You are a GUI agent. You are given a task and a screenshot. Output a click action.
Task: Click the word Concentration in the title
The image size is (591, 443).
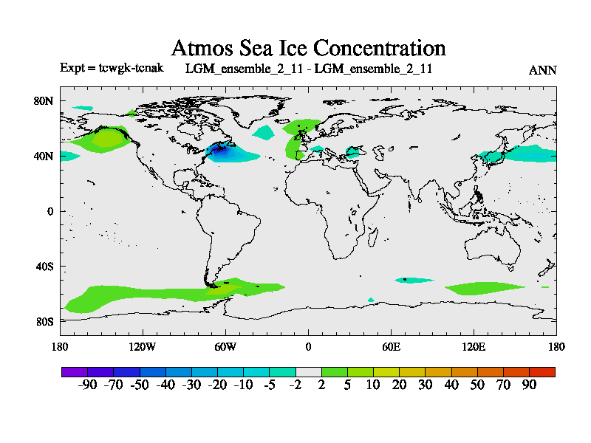click(380, 49)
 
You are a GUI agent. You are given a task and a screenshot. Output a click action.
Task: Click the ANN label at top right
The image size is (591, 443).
click(542, 70)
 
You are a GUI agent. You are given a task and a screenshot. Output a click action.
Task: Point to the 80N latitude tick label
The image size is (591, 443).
click(44, 100)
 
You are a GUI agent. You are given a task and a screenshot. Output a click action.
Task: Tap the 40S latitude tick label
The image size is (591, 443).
click(44, 266)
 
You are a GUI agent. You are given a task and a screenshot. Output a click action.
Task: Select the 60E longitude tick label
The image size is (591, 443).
click(391, 346)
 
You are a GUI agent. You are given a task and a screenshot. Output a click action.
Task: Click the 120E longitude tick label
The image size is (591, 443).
click(474, 346)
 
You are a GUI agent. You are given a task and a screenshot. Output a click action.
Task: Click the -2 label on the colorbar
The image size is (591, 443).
click(295, 385)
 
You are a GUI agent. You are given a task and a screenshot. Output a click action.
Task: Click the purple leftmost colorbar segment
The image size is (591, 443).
click(75, 371)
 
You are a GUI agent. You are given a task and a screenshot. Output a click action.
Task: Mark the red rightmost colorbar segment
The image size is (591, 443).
click(542, 371)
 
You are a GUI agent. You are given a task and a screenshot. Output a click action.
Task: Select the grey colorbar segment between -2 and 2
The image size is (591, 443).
click(308, 371)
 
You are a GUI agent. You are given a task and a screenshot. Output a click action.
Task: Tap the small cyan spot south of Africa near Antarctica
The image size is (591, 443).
click(371, 300)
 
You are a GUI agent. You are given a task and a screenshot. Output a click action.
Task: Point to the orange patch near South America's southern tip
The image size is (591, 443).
click(219, 291)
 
